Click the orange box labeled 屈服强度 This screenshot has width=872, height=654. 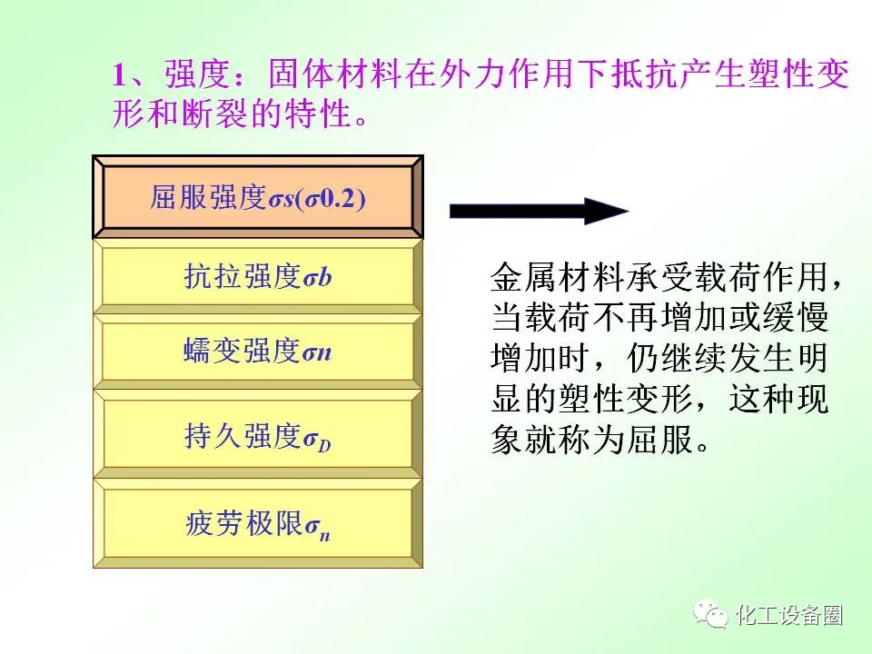(x=257, y=197)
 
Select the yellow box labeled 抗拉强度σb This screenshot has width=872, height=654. (x=257, y=276)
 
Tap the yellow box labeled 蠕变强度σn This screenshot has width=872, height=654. (x=257, y=352)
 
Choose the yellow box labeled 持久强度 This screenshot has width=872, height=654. (x=257, y=434)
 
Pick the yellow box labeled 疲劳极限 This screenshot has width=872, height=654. (x=257, y=523)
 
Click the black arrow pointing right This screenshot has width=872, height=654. (x=539, y=211)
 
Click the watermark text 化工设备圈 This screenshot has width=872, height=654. (x=789, y=615)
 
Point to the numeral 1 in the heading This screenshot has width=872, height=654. (x=120, y=74)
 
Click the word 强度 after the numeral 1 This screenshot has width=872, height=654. (x=197, y=74)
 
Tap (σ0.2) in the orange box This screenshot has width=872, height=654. (x=331, y=199)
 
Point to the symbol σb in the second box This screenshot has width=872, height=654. (x=318, y=277)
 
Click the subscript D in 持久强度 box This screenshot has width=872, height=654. (x=325, y=445)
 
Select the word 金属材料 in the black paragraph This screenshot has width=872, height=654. (x=557, y=277)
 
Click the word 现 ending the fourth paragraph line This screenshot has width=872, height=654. (x=812, y=398)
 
